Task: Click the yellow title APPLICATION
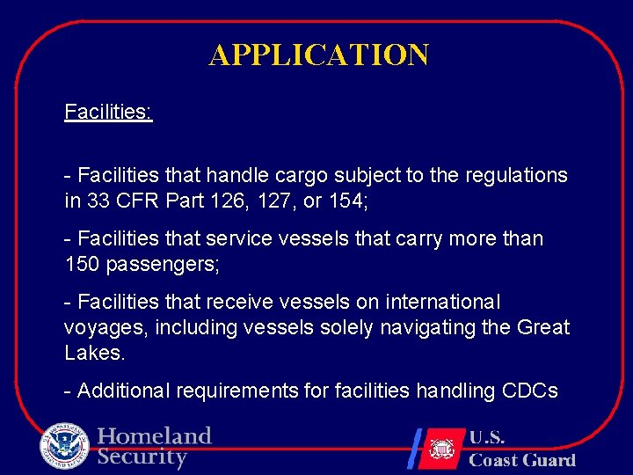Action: click(318, 55)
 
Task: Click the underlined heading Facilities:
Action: click(108, 113)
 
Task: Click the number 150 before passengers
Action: click(83, 263)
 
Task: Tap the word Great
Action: click(543, 327)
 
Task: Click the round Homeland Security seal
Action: click(64, 446)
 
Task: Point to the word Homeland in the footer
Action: click(155, 436)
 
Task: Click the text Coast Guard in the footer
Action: click(522, 460)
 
